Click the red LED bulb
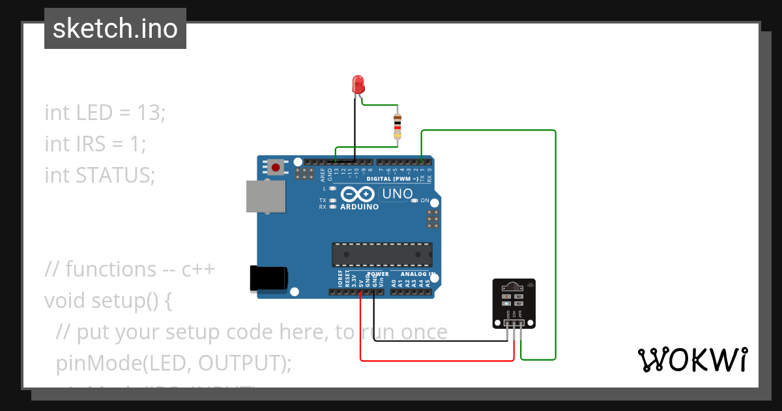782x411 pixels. [x=358, y=84]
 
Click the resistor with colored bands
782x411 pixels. [x=398, y=126]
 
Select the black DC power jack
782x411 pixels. [x=268, y=278]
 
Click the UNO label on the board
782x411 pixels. [x=397, y=194]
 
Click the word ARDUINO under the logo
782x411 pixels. [x=359, y=207]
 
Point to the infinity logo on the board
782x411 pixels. [x=358, y=194]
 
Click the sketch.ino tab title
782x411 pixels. [x=115, y=29]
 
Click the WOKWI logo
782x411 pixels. [x=691, y=359]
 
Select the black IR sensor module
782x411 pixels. [x=514, y=303]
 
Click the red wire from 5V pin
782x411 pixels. [x=437, y=360]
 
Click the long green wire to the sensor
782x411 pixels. [x=555, y=248]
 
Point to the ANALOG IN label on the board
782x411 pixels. [x=418, y=274]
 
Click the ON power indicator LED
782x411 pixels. [x=415, y=200]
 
